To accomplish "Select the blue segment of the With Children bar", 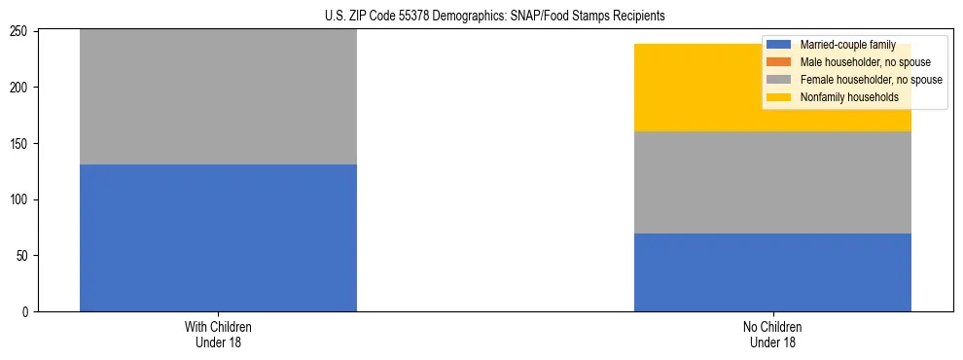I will [218, 237].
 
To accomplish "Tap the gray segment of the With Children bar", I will [218, 97].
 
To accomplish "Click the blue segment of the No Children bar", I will [772, 272].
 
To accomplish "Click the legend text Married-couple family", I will [847, 45].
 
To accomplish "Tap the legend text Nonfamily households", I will [849, 97].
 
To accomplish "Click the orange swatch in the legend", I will [779, 62].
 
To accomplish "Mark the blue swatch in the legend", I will [779, 45].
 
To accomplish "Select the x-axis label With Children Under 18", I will [218, 334].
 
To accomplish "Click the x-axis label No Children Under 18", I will [772, 334].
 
